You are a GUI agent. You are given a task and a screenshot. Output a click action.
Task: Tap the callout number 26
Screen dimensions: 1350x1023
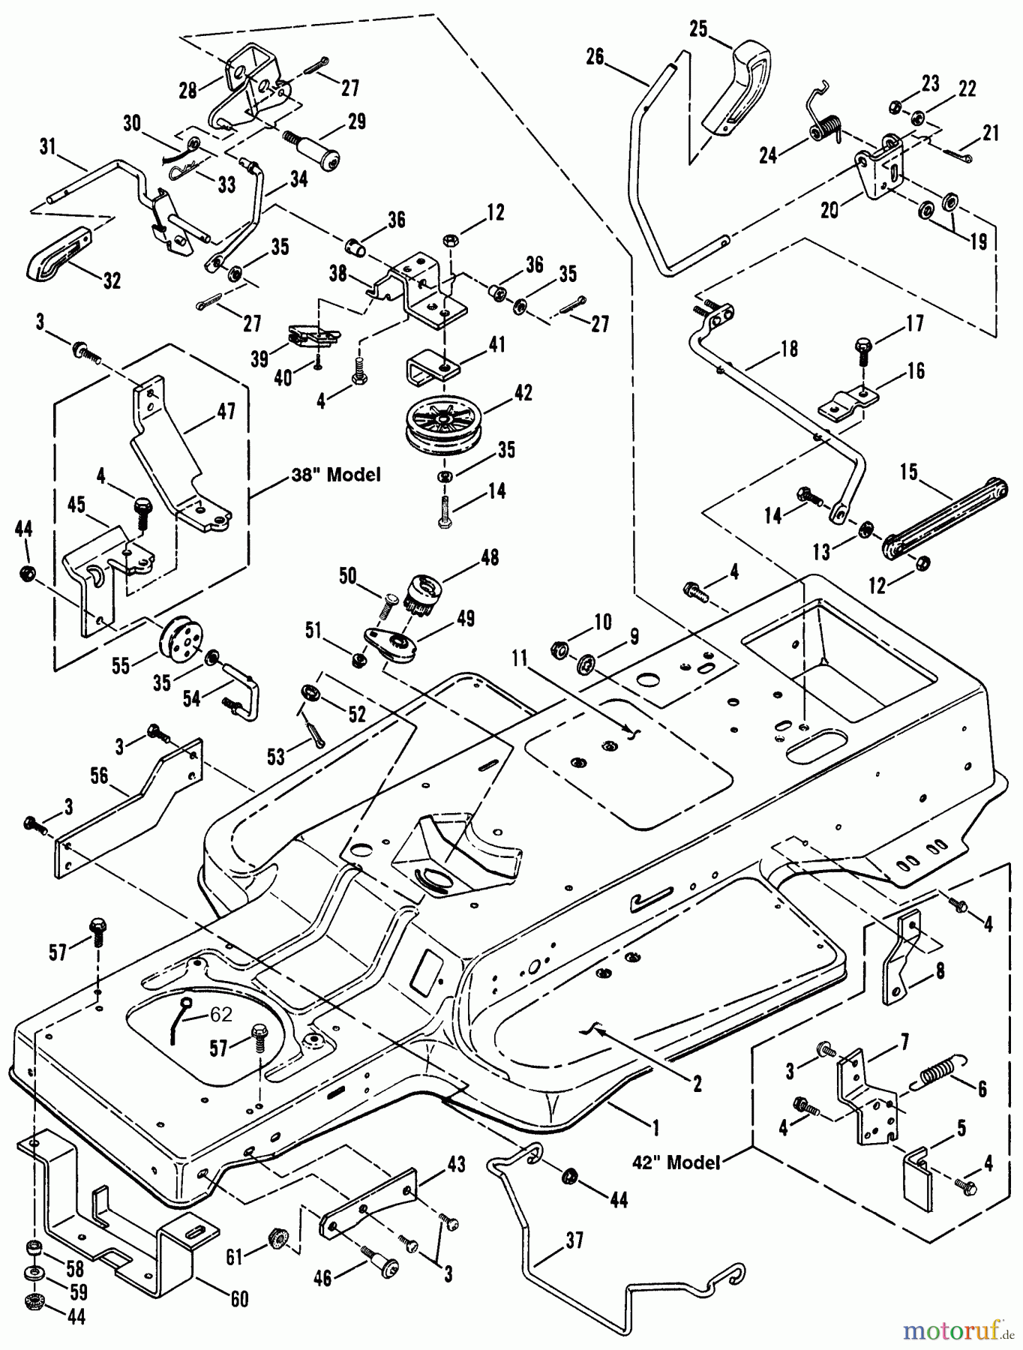(x=595, y=56)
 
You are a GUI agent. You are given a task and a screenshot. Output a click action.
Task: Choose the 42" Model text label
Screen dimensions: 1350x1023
(x=676, y=1162)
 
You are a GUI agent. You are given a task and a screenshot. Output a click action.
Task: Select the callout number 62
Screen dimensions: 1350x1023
(x=220, y=1014)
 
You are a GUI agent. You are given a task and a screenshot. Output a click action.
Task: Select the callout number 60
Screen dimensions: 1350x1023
(x=239, y=1298)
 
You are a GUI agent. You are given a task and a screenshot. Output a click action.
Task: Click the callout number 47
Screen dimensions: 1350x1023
(x=226, y=411)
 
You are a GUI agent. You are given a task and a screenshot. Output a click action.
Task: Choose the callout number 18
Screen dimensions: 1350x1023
(x=789, y=349)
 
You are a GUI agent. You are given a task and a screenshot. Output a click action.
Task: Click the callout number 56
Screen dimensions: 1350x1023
(x=99, y=775)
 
